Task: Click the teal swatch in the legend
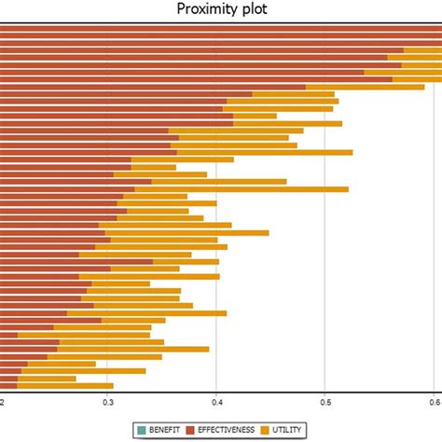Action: pyautogui.click(x=141, y=429)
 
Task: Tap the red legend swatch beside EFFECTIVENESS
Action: pyautogui.click(x=191, y=429)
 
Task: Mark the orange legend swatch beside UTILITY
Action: pyautogui.click(x=266, y=429)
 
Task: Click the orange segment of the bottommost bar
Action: pyautogui.click(x=64, y=385)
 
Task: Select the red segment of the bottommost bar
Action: pyautogui.click(x=8, y=385)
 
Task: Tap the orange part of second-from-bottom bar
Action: pyautogui.click(x=47, y=378)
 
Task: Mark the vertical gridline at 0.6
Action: pyautogui.click(x=433, y=233)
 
